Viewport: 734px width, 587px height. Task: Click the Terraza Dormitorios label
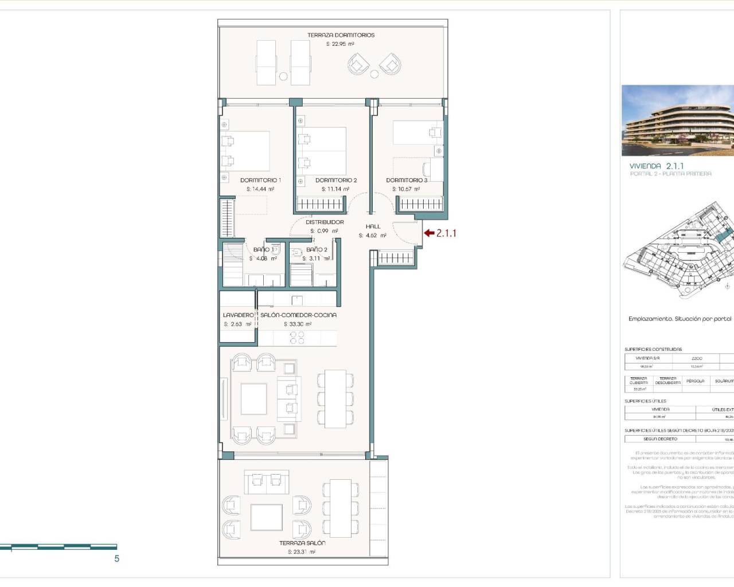point(341,35)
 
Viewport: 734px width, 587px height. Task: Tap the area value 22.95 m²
point(340,44)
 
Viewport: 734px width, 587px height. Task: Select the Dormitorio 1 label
point(260,180)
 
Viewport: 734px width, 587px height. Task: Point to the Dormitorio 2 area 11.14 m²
point(335,189)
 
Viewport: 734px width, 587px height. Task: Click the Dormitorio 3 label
point(407,180)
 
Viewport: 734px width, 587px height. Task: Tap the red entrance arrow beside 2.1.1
point(429,233)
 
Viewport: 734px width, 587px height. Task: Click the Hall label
point(373,226)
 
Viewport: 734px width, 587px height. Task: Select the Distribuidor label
point(325,222)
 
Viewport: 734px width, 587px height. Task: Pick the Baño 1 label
point(263,249)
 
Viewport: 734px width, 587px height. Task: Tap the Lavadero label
point(238,315)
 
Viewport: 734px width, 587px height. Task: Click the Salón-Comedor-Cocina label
point(298,315)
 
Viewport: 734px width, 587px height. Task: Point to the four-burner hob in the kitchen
point(297,338)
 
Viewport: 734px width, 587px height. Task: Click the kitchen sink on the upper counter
point(297,300)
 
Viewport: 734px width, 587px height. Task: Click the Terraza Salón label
point(302,543)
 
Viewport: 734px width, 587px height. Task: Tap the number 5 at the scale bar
point(117,558)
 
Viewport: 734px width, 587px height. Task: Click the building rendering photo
point(677,120)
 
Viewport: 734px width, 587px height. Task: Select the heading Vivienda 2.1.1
point(657,166)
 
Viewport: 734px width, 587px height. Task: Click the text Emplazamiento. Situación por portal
point(680,319)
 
